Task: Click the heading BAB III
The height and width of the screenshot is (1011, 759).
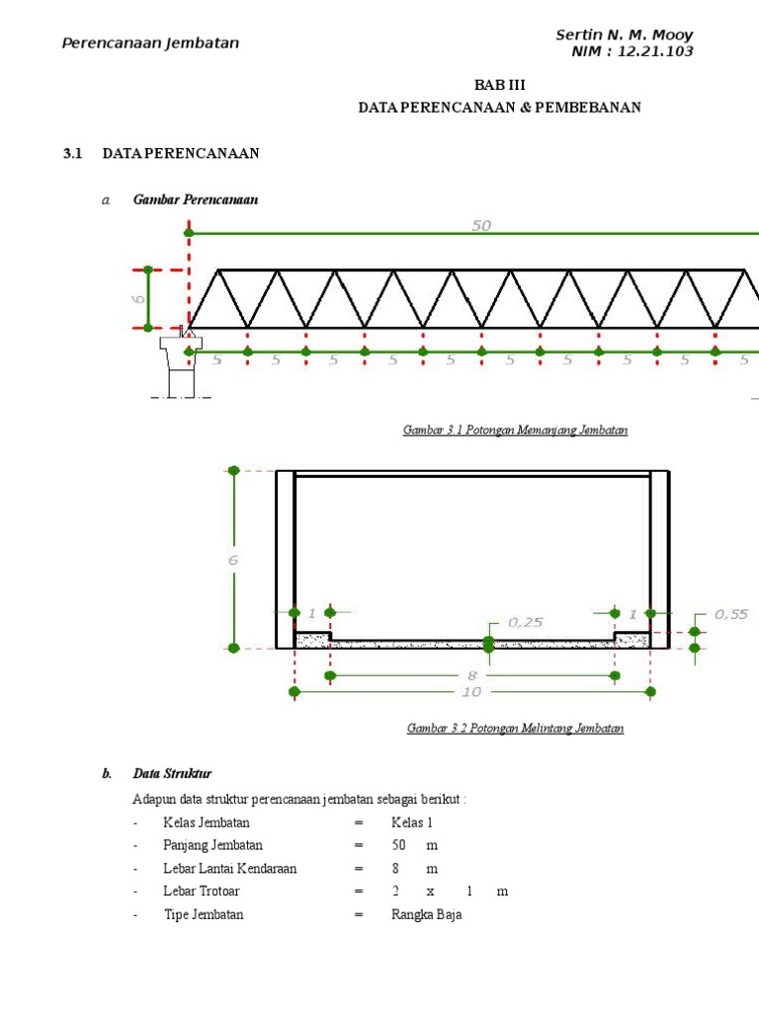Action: (499, 86)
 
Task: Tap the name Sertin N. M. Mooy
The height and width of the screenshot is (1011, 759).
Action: (624, 36)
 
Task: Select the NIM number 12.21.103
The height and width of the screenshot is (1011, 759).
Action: (654, 51)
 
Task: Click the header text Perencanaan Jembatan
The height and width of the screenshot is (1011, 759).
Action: (150, 43)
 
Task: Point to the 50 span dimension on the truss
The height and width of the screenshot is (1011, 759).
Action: (481, 225)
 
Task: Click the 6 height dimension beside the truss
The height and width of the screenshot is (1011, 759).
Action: (139, 297)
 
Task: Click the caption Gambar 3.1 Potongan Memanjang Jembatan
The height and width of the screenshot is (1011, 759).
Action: (515, 430)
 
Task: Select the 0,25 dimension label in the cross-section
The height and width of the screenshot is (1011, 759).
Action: (526, 623)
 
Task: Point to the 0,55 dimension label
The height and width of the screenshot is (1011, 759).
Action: (731, 614)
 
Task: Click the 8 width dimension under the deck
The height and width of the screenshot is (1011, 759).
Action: (472, 675)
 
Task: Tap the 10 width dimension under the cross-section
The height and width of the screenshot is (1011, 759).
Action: (471, 692)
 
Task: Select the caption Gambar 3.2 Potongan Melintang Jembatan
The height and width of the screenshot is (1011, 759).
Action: (515, 729)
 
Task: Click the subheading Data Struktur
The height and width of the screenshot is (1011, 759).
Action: (173, 773)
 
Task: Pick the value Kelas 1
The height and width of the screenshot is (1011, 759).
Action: (412, 822)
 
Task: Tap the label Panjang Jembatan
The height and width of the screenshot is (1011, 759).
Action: (212, 845)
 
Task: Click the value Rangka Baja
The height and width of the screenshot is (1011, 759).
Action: (426, 914)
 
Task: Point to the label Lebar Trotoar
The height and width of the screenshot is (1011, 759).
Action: (202, 892)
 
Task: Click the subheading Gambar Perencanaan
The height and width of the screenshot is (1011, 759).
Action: (196, 199)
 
